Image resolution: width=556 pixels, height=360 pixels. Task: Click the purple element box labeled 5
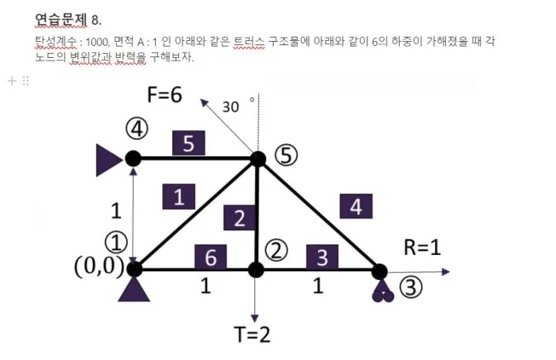[188, 143]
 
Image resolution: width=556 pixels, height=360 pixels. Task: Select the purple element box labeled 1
[179, 196]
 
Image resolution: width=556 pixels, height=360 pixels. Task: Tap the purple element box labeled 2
[240, 218]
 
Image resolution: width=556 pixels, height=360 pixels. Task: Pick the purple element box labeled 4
[356, 206]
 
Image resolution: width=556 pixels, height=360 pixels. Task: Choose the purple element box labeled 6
[211, 257]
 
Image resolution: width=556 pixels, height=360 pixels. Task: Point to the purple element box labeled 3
[322, 257]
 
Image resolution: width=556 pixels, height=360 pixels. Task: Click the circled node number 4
[136, 129]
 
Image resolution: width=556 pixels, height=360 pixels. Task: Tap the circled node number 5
[287, 155]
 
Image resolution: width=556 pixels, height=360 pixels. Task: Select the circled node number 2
[276, 251]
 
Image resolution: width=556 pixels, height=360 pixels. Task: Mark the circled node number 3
[411, 287]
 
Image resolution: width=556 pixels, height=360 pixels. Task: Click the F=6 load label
[165, 95]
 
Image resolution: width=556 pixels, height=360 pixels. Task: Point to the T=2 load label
[252, 334]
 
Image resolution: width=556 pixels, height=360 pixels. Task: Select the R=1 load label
[422, 247]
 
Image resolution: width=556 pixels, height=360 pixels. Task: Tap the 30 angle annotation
[230, 107]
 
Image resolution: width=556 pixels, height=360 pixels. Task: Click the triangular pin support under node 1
[134, 289]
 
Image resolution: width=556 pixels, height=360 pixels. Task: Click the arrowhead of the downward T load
[255, 318]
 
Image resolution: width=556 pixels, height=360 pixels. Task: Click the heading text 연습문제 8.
[68, 20]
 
